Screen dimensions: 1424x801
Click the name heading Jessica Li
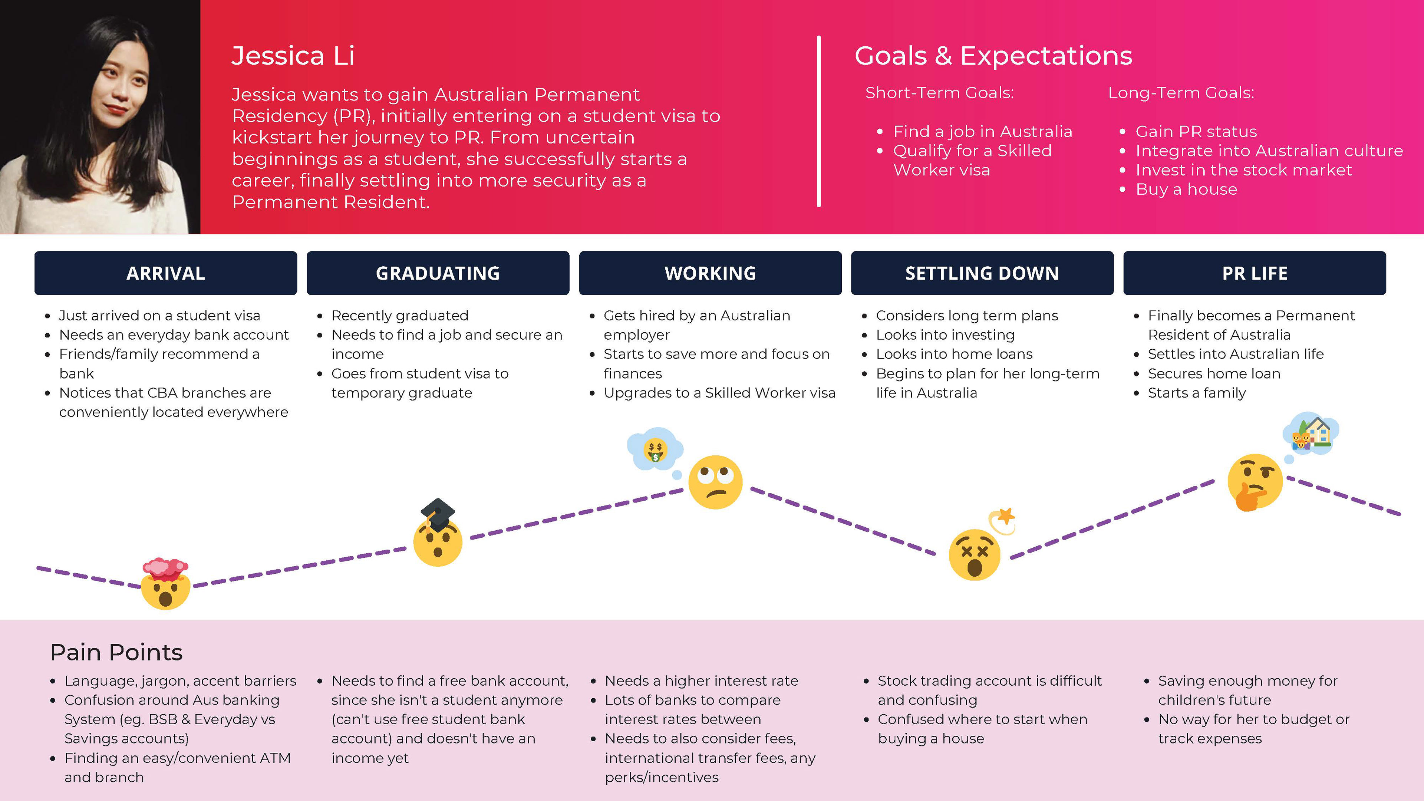click(293, 56)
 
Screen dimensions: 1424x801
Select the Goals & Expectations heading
click(993, 56)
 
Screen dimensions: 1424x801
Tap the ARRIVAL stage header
click(166, 273)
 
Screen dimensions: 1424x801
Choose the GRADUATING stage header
click(438, 273)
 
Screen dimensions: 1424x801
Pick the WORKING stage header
click(711, 273)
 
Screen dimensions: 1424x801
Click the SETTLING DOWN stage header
click(982, 273)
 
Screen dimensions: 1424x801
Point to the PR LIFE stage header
click(1255, 273)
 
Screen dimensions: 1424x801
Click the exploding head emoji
click(166, 584)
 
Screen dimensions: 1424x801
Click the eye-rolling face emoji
click(715, 482)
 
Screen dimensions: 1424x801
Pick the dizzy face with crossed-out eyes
click(975, 554)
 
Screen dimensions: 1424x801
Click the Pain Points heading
click(116, 652)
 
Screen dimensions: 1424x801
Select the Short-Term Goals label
click(940, 93)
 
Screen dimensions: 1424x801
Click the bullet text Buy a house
click(1186, 189)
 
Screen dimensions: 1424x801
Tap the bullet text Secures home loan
click(1214, 374)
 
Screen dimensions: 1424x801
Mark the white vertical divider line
click(819, 122)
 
